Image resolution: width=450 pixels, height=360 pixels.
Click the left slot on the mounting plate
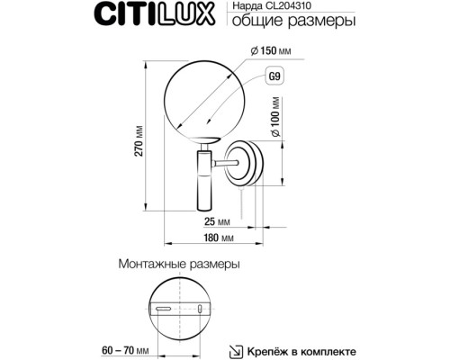point(164,309)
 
